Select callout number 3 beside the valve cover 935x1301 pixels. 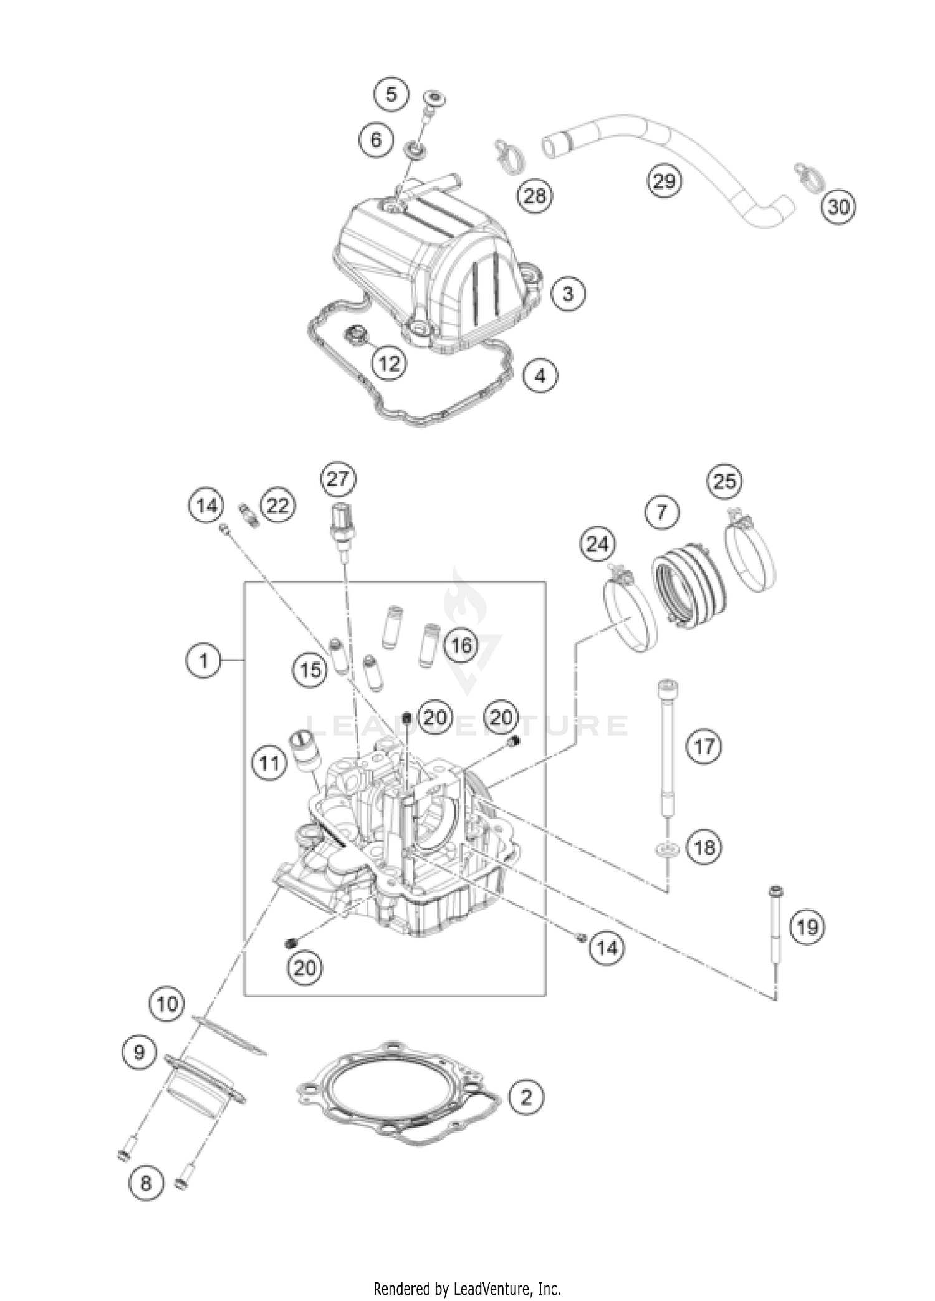point(568,293)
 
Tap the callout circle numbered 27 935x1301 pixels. point(338,479)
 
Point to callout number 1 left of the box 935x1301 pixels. point(204,660)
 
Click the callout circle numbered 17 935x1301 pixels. point(704,746)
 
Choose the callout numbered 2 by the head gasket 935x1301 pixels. point(526,1113)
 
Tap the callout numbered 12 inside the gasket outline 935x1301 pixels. point(390,362)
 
